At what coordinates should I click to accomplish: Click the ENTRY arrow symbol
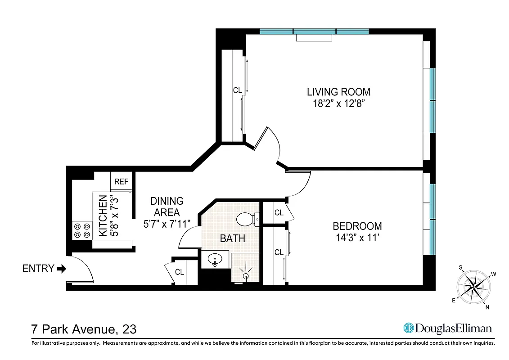62,269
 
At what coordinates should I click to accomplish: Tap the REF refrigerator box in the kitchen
121,182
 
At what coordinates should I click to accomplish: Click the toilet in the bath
246,219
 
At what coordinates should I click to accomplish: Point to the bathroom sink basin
215,260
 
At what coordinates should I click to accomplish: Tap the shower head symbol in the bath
246,275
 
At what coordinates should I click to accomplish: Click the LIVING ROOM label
338,92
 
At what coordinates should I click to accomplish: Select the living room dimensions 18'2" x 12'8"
338,103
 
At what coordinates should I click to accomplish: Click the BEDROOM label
357,226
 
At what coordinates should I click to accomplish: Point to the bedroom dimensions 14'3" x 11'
357,238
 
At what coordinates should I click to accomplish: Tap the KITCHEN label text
103,216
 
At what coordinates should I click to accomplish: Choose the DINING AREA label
167,207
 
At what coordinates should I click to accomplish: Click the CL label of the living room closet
237,90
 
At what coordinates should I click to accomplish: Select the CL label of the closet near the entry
180,272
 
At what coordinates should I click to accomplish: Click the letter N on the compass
487,307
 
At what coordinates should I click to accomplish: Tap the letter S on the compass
461,267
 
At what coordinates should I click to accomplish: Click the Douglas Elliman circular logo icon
409,328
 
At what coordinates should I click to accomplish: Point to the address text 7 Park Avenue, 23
84,329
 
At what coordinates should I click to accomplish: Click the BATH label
233,238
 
